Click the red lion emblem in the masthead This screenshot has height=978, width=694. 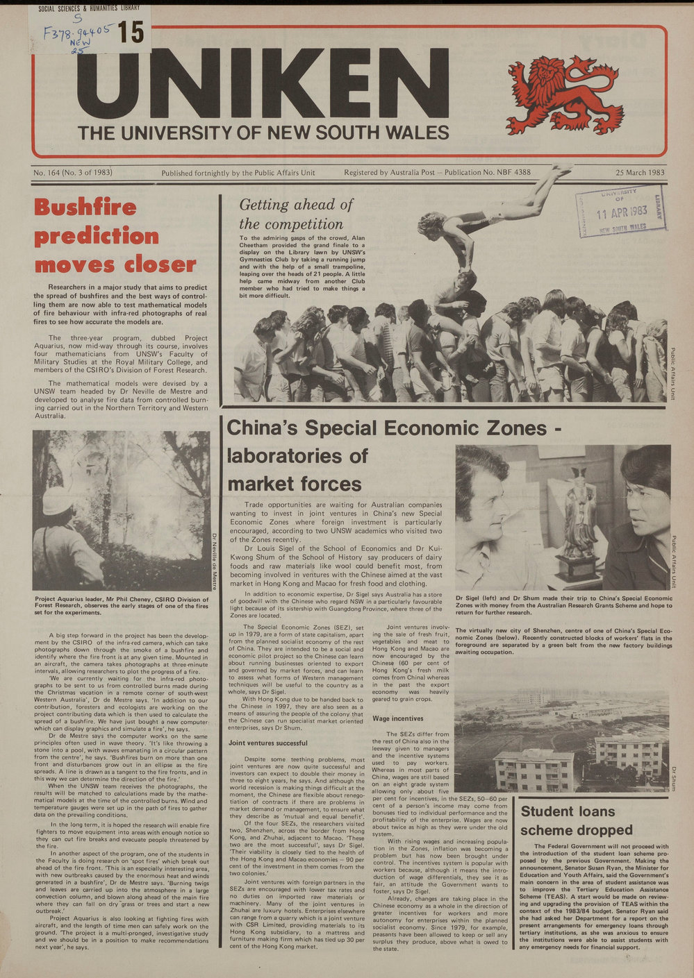[x=563, y=95]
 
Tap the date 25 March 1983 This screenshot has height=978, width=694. [x=639, y=173]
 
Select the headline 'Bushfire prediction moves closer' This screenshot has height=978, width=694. [x=115, y=236]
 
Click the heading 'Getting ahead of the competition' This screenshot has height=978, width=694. [x=296, y=214]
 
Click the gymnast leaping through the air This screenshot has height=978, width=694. [x=486, y=208]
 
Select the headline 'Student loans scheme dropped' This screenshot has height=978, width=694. [x=577, y=820]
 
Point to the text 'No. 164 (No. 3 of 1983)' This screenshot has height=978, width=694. [x=72, y=173]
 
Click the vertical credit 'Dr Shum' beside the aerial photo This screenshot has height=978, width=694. [x=673, y=777]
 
